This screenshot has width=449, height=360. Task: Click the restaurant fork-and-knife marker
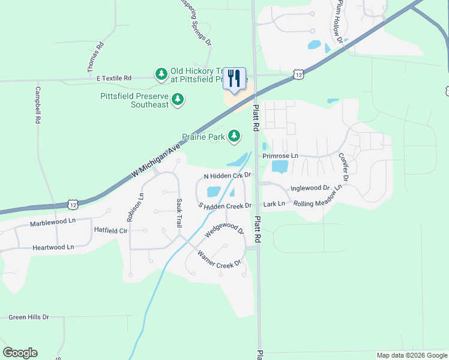click(234, 79)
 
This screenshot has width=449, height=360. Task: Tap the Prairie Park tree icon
click(234, 137)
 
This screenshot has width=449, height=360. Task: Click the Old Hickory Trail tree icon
click(161, 74)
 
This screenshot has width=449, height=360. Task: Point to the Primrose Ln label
click(280, 155)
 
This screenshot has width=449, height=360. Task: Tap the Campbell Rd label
click(37, 106)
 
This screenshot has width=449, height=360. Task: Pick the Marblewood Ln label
click(53, 224)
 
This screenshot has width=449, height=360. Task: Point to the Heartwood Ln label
click(53, 247)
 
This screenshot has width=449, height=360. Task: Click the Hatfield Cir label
click(111, 230)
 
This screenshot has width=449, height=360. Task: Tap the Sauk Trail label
click(178, 212)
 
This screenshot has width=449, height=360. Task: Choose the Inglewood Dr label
click(310, 188)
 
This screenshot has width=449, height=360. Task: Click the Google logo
click(20, 353)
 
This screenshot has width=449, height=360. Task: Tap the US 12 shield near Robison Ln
click(73, 205)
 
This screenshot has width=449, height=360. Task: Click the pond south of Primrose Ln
click(280, 166)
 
